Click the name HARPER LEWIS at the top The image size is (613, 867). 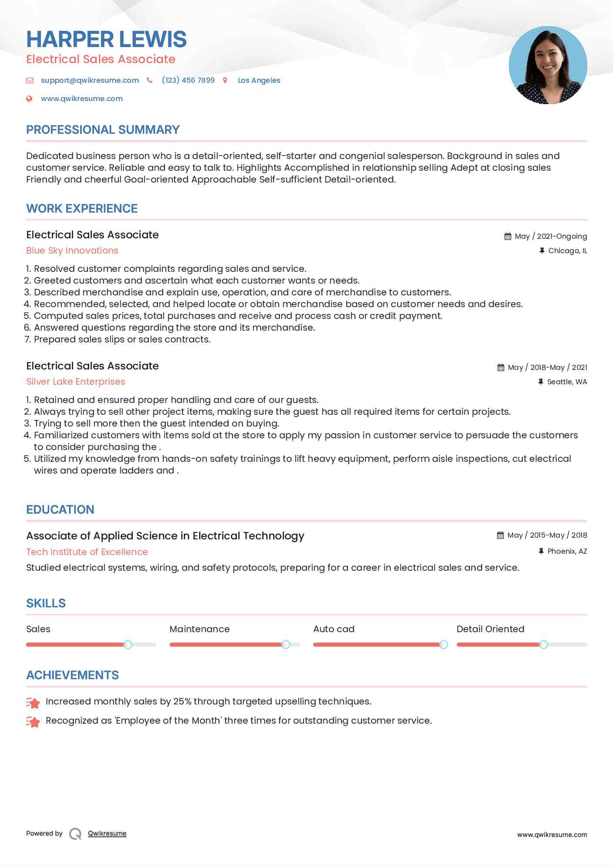tap(106, 39)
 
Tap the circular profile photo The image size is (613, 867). tap(548, 65)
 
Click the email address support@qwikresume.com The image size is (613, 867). tap(90, 80)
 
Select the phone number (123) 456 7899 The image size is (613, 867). tap(188, 80)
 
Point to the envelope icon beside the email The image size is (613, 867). tap(30, 80)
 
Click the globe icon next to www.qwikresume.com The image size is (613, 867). tap(29, 98)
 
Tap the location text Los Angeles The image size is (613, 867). tap(259, 80)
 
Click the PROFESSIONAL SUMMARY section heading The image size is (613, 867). tap(103, 130)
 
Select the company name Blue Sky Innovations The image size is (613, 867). tap(72, 251)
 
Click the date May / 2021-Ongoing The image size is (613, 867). tap(551, 236)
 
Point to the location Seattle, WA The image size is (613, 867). tap(567, 382)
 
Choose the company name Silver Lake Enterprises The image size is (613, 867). tap(76, 382)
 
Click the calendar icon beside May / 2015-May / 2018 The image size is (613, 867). tap(500, 535)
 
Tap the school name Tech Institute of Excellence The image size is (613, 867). tap(87, 552)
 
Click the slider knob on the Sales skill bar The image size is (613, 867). tap(128, 644)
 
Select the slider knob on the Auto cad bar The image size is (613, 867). tap(444, 644)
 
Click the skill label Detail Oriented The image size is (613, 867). tap(490, 629)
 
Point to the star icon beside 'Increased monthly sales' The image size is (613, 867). tap(33, 702)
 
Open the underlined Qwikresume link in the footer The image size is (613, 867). tap(107, 833)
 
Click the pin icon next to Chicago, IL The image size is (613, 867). tap(542, 251)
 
